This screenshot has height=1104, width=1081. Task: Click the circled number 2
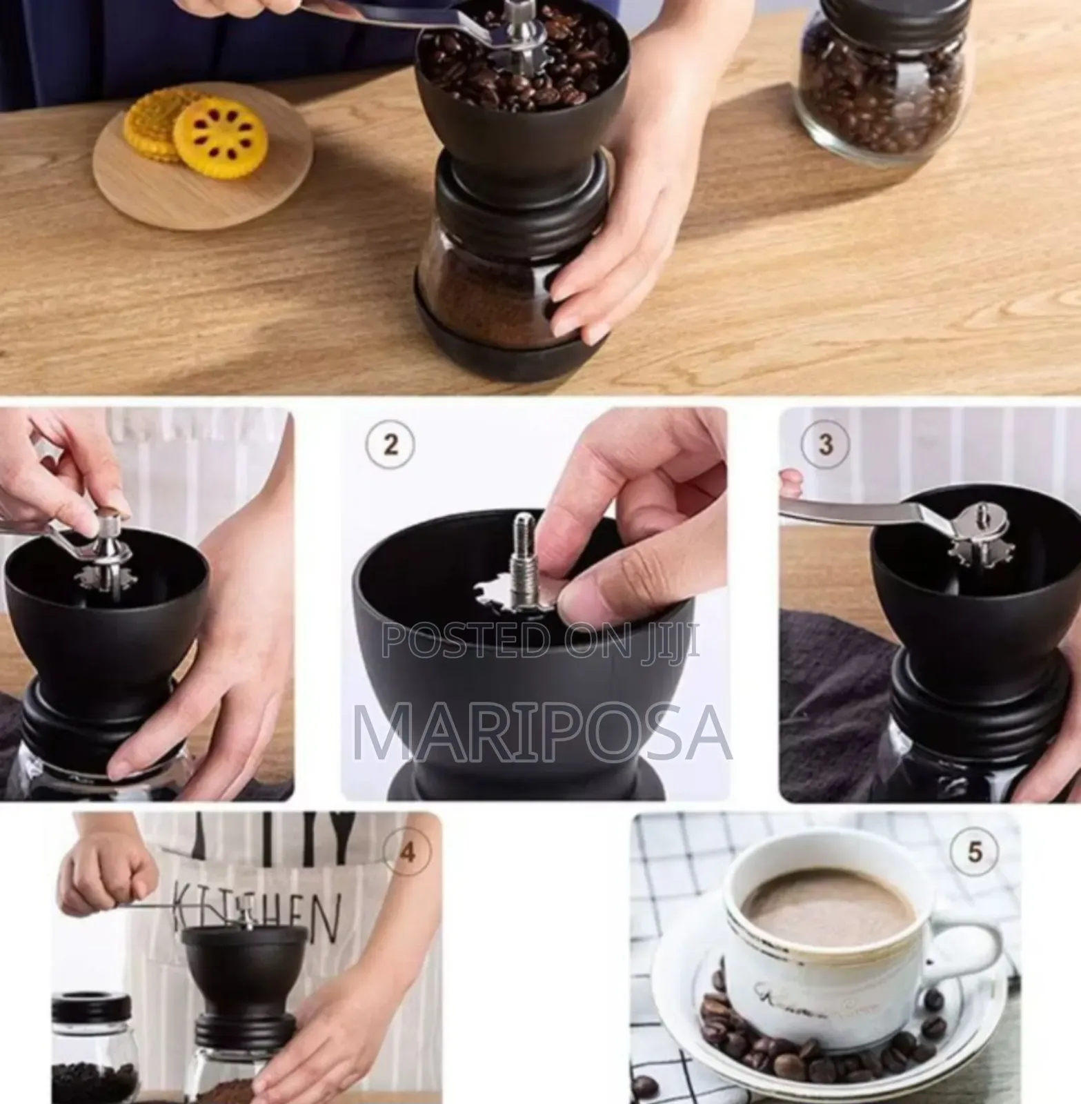[x=390, y=445]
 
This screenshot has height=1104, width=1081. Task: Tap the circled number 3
[x=825, y=445]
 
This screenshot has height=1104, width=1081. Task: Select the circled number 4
[x=408, y=853]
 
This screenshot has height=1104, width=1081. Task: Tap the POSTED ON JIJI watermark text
[x=542, y=640]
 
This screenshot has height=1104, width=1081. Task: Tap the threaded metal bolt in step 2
[x=522, y=559]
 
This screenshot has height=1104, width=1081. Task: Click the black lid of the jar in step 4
[x=91, y=1008]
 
